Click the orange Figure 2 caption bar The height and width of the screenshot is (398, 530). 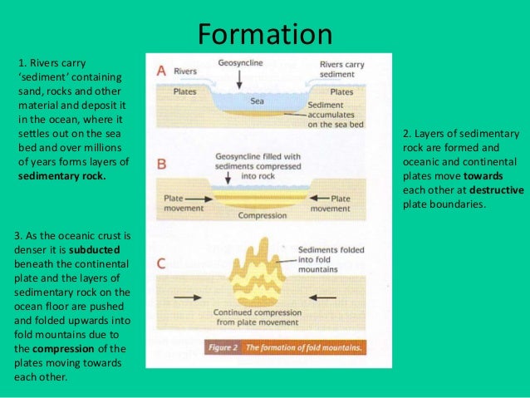coord(284,347)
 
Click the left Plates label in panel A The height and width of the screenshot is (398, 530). coord(185,91)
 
